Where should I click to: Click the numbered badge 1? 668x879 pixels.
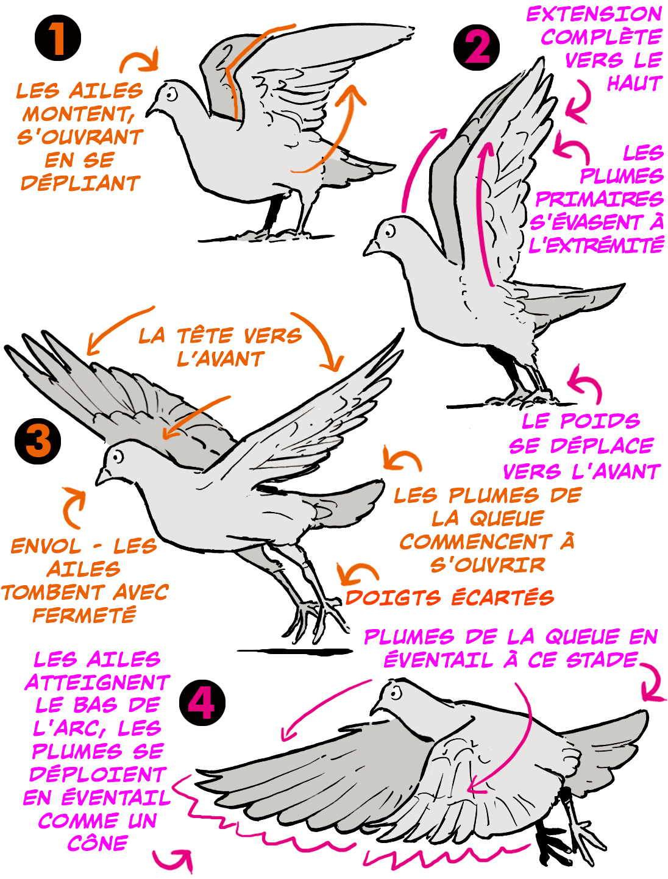click(58, 38)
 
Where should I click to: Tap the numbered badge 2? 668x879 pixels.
click(476, 48)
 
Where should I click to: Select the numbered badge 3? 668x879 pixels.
click(38, 441)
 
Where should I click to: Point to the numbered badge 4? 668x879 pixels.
click(202, 703)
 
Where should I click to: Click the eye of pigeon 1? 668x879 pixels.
click(171, 94)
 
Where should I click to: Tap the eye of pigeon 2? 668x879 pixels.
click(389, 230)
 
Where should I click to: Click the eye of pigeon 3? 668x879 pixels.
click(117, 457)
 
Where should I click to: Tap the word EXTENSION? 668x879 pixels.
click(594, 15)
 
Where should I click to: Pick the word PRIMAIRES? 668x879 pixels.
click(599, 199)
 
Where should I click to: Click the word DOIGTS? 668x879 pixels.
click(393, 598)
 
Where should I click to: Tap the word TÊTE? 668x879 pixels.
click(205, 336)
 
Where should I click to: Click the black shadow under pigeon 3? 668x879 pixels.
click(294, 651)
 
